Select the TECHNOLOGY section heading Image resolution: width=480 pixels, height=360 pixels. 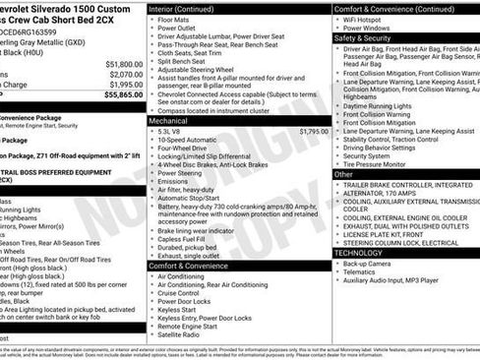click(x=359, y=252)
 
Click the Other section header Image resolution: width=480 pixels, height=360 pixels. click(x=343, y=174)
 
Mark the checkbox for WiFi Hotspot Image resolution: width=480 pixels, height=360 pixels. click(x=338, y=19)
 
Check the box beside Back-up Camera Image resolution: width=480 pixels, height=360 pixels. click(x=338, y=264)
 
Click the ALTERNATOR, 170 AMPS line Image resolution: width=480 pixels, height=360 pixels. click(x=390, y=195)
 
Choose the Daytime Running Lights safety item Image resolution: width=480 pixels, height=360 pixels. click(x=384, y=104)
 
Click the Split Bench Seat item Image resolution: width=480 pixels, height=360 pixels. click(x=184, y=60)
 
